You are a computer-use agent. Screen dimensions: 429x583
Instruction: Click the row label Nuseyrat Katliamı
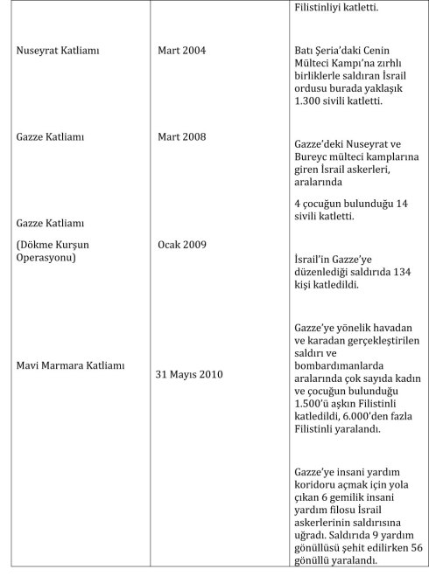coord(58,51)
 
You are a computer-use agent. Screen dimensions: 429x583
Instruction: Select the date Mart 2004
coord(181,51)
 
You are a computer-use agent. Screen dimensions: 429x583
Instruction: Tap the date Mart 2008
coord(181,137)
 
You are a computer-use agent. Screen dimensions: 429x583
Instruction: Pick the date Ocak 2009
coord(181,244)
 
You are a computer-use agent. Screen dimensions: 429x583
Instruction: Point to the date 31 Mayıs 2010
coord(189,374)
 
